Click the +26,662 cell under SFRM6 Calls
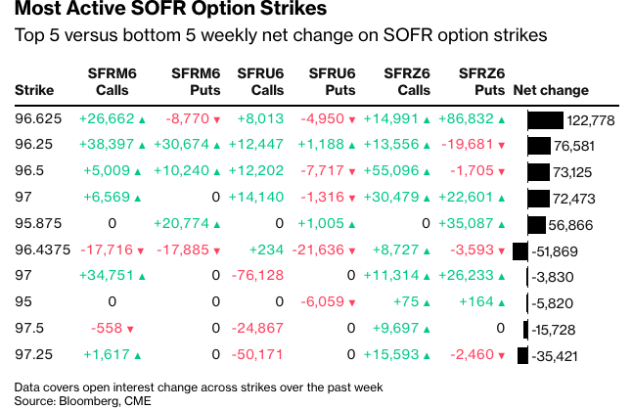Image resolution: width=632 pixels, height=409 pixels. click(109, 120)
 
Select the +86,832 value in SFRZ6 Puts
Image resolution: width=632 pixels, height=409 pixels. click(472, 120)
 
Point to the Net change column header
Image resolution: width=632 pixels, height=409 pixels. click(551, 90)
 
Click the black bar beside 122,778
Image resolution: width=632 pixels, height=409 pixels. click(545, 120)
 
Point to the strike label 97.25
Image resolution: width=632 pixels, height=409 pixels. click(33, 353)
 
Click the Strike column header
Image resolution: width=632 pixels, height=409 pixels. click(34, 90)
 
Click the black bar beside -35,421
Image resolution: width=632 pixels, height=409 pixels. click(523, 354)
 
